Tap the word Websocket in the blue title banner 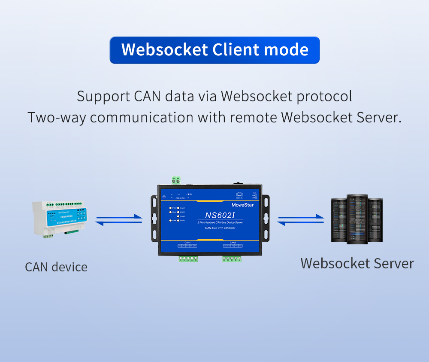[x=164, y=50]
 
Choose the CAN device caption [x=56, y=267]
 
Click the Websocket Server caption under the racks [x=357, y=263]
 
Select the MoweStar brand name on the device [x=242, y=205]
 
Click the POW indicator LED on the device [x=170, y=208]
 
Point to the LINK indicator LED [x=170, y=221]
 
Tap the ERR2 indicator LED [x=178, y=221]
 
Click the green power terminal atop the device [x=175, y=180]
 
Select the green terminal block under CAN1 [x=188, y=259]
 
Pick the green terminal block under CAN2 [x=232, y=259]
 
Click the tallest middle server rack [x=357, y=219]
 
